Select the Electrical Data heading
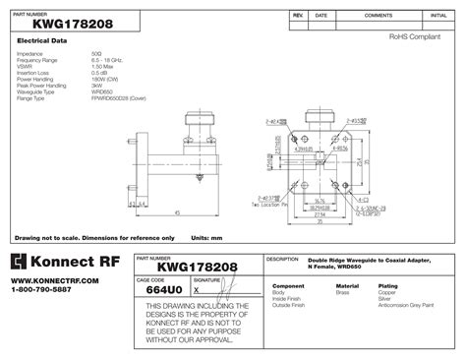coord(40,40)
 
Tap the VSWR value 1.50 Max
coord(105,67)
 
